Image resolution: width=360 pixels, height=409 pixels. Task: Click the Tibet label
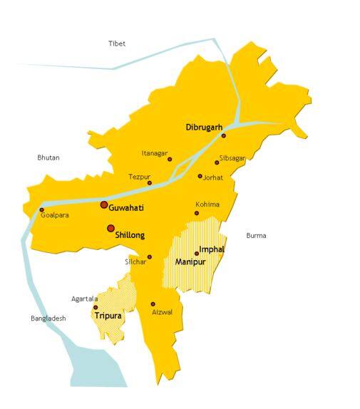[117, 43]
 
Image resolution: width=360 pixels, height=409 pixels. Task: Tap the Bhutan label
[48, 157]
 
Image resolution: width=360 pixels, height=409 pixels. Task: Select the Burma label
[256, 235]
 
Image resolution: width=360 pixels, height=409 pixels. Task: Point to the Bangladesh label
[48, 319]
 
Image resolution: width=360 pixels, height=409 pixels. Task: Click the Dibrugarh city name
[204, 128]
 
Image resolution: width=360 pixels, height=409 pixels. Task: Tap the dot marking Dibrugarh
[223, 135]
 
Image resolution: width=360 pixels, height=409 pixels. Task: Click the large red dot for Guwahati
[104, 204]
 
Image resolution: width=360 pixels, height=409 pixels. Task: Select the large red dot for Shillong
[110, 229]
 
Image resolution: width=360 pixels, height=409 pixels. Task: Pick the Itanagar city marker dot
[170, 159]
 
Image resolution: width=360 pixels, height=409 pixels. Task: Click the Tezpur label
[139, 176]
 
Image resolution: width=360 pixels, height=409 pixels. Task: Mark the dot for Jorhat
[200, 176]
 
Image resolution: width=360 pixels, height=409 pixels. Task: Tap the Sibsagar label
[232, 157]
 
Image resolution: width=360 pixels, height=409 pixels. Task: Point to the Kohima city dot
[197, 212]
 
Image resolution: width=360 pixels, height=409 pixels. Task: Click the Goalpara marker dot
[41, 209]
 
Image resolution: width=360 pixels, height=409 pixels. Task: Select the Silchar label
[135, 262]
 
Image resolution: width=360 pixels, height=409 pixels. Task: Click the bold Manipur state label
[190, 262]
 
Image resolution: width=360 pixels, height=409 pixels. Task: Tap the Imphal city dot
[197, 253]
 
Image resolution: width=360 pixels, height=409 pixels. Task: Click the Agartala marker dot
[96, 307]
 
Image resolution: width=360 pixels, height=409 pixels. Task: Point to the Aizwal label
[162, 312]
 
